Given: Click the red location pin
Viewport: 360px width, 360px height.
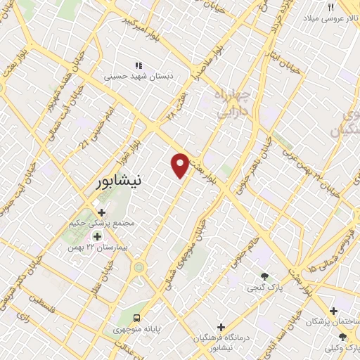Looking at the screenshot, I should point(181,165).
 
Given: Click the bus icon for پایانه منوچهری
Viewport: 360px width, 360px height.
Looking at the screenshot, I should point(137,317).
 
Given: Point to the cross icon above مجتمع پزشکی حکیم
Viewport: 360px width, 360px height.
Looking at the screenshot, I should point(102,212).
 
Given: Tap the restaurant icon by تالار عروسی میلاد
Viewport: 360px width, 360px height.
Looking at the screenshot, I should point(330,6).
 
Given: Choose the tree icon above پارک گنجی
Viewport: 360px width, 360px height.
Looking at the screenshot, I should point(264,276).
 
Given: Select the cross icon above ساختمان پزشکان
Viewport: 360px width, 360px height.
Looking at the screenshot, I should point(334,310).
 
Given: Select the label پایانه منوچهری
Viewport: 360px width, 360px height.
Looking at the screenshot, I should point(137,329).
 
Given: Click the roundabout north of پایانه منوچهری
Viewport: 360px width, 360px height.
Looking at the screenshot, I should point(139,266).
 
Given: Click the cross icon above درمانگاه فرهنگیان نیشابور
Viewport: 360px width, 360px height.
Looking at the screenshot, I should point(221,327).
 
